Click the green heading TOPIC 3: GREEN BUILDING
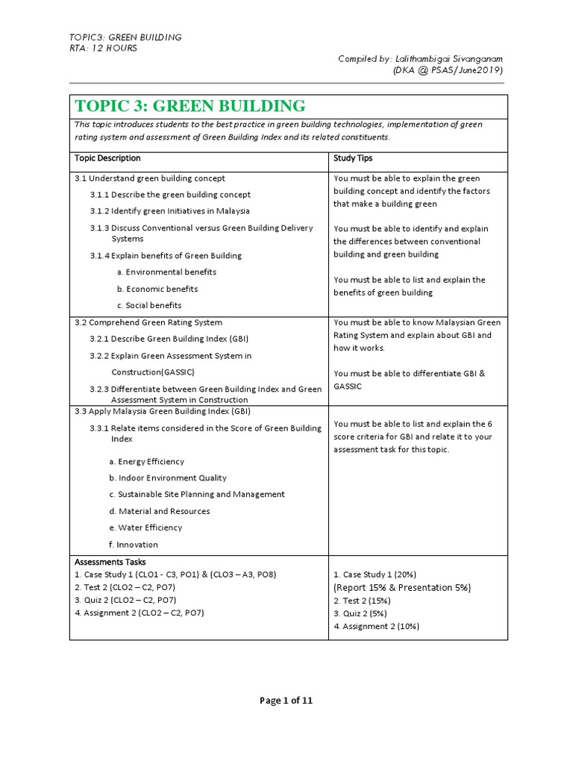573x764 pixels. coord(189,106)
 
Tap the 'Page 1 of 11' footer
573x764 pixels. coord(286,701)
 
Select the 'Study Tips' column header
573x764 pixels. coord(353,158)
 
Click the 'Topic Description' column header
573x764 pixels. coord(107,158)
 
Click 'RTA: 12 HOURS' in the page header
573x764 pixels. coord(103,48)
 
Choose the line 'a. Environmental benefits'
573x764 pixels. coord(166,272)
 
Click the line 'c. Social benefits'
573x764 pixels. coord(148,305)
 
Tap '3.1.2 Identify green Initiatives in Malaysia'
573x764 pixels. coord(170,211)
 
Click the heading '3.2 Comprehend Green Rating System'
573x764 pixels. coord(148,322)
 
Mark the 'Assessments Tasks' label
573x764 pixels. coord(110,562)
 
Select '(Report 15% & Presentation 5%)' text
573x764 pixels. coord(402,587)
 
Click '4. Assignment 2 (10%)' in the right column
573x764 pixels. coord(376,626)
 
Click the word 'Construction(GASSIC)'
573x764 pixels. coord(159,372)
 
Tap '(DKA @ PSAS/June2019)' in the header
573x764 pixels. coord(448,70)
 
